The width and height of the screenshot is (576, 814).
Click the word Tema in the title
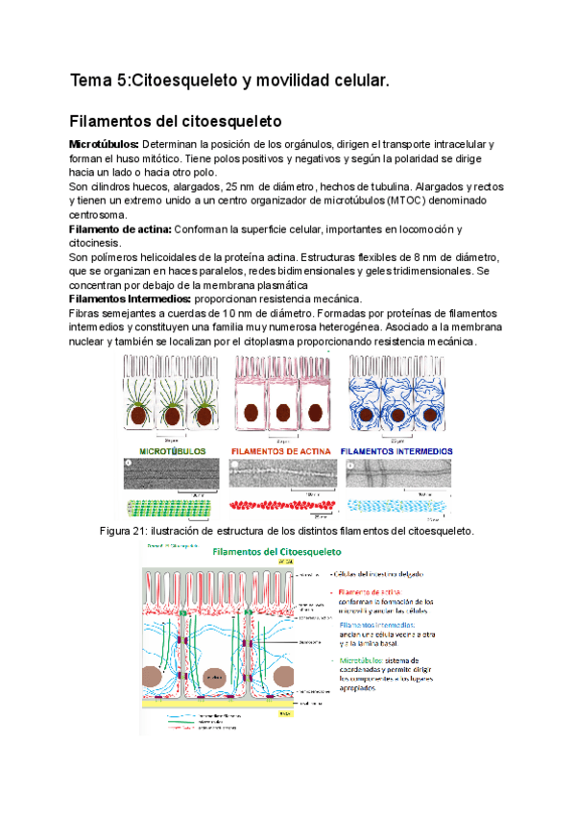coord(91,83)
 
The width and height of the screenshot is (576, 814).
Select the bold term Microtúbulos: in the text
coord(104,144)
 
